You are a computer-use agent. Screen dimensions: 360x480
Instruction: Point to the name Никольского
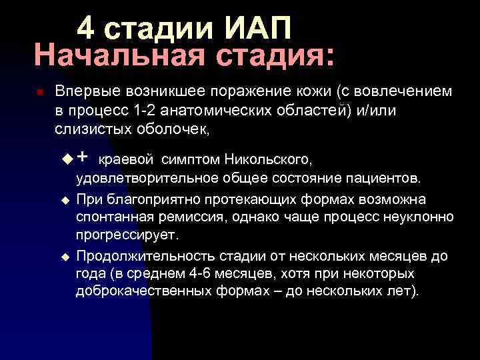click(267, 160)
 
